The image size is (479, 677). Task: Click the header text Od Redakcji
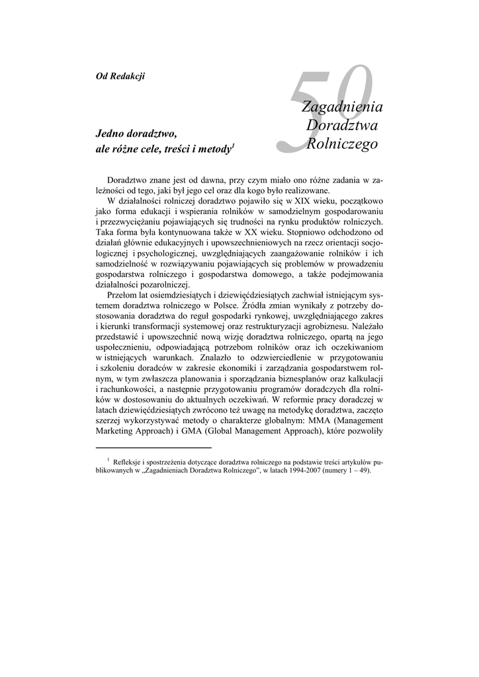[x=120, y=75]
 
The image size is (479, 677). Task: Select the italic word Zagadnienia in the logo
[x=342, y=106]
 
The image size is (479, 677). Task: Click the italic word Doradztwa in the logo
[x=341, y=124]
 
